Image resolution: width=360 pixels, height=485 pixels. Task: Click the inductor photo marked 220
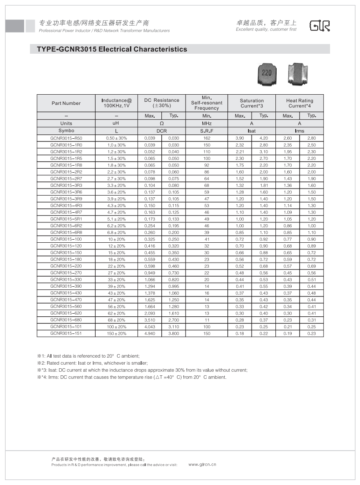point(267,74)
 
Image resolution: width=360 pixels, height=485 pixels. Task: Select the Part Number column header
point(66,104)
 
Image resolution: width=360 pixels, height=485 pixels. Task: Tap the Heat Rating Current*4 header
point(300,104)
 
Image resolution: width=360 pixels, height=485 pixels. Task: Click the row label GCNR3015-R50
point(66,138)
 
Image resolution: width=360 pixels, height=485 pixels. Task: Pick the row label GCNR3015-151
point(66,333)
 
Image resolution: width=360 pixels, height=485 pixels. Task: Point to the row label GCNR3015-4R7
point(66,212)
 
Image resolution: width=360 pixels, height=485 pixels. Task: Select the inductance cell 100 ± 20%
point(117,327)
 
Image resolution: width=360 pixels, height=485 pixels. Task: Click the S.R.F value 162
point(207,138)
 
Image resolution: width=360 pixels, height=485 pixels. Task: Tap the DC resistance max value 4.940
point(150,333)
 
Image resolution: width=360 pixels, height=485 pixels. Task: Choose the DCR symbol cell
point(162,131)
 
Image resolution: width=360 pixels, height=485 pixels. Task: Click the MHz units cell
point(207,123)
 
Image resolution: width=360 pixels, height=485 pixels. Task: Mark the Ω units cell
point(162,123)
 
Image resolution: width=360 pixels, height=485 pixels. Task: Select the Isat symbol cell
point(252,131)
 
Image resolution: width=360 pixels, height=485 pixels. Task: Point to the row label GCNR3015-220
point(66,266)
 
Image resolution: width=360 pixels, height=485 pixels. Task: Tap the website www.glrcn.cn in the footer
point(202,464)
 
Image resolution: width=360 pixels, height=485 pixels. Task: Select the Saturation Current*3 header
point(252,104)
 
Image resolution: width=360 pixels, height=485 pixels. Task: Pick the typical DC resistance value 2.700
point(174,320)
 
